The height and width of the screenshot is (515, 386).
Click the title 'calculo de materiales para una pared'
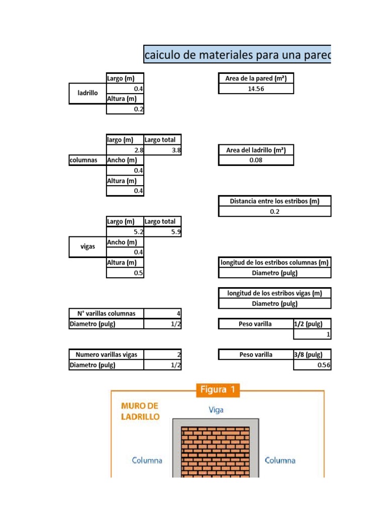(x=237, y=54)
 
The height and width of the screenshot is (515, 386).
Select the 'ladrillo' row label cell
(x=87, y=93)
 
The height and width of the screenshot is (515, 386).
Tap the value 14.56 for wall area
(x=256, y=89)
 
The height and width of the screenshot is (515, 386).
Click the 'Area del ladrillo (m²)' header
(x=256, y=150)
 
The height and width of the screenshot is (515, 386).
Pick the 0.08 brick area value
(x=256, y=160)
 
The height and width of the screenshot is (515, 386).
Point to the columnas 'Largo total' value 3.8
(x=162, y=150)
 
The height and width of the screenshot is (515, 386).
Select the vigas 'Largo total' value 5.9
(x=162, y=232)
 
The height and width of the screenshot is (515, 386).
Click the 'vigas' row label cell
(x=87, y=246)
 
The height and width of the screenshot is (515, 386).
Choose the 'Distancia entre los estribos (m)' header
(x=275, y=201)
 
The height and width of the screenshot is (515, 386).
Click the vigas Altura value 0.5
(x=125, y=273)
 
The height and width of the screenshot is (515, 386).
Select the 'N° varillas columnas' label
(x=107, y=314)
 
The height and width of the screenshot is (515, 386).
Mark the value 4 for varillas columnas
(x=162, y=314)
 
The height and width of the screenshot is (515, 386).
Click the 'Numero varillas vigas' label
(x=107, y=355)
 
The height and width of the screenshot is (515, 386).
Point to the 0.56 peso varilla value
(x=312, y=365)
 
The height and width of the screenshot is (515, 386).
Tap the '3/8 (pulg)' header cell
(x=312, y=355)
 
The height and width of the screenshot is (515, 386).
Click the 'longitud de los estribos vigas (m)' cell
(x=275, y=293)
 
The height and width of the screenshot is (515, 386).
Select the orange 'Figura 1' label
(x=218, y=390)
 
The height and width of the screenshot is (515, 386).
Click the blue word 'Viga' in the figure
(x=216, y=410)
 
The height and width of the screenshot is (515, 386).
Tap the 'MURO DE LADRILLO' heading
(x=140, y=411)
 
